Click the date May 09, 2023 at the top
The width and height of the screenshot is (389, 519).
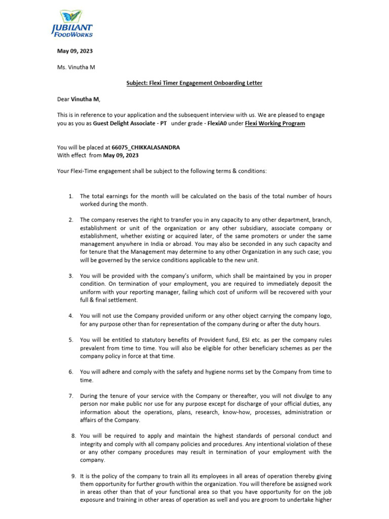click(74, 51)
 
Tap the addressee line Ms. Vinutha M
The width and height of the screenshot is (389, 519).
click(75, 67)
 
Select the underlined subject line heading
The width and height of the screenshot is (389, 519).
click(194, 83)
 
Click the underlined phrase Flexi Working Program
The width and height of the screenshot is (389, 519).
click(275, 123)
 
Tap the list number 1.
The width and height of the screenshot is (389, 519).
click(71, 196)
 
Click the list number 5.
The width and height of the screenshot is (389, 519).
click(71, 340)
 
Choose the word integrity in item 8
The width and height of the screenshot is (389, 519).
click(93, 444)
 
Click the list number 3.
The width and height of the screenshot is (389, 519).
click(71, 276)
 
